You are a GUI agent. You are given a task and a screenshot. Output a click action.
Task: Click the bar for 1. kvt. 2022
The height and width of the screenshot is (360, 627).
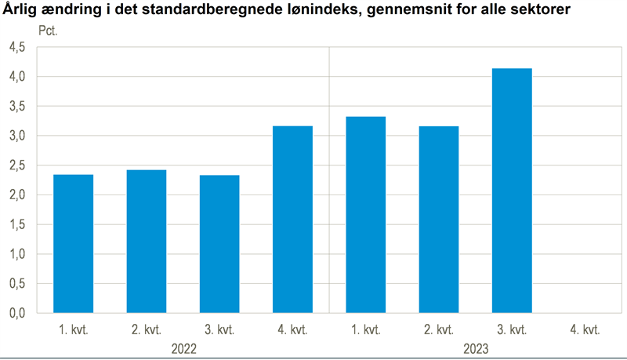(73, 243)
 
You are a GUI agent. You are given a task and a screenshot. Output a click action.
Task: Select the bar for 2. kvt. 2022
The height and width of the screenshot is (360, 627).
(146, 241)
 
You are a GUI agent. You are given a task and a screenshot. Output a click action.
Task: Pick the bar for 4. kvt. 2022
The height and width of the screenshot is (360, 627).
(292, 219)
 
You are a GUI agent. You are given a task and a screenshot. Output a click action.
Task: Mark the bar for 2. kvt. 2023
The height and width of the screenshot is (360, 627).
(438, 219)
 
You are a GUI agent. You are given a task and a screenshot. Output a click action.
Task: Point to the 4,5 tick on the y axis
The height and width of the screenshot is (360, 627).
(16, 47)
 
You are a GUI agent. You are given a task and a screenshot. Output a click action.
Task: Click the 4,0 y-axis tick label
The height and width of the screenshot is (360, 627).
(16, 77)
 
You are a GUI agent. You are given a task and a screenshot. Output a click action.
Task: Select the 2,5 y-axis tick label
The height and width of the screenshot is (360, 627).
(16, 165)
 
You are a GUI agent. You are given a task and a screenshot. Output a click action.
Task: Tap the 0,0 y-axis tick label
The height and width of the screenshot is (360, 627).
(16, 313)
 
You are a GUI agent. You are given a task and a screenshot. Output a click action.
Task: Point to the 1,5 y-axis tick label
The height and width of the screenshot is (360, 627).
(16, 224)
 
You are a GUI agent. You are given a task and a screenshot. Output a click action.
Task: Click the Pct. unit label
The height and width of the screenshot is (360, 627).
(49, 32)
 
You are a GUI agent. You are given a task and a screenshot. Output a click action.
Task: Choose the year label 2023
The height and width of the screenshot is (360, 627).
(475, 347)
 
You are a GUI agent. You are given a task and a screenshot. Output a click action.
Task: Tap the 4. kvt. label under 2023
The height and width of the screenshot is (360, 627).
(585, 329)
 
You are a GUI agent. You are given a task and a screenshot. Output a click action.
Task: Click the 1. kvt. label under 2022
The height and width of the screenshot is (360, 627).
(73, 329)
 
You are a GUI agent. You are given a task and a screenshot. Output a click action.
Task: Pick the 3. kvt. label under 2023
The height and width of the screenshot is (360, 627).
(512, 329)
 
